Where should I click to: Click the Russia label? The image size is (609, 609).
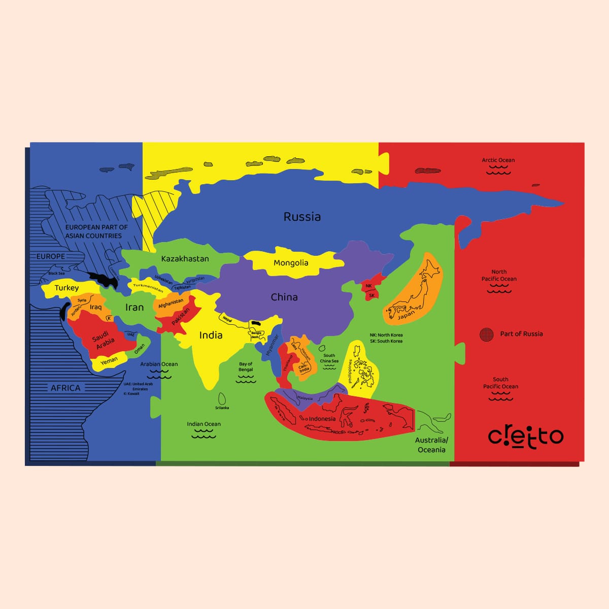pyautogui.click(x=302, y=217)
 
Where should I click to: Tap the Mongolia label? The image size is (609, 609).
pyautogui.click(x=291, y=263)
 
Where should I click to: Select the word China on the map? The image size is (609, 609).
pyautogui.click(x=284, y=297)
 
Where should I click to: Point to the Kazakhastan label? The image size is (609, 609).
pyautogui.click(x=185, y=259)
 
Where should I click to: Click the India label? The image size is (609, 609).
pyautogui.click(x=211, y=335)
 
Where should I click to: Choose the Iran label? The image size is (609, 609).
pyautogui.click(x=134, y=307)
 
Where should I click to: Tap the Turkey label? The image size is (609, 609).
pyautogui.click(x=66, y=288)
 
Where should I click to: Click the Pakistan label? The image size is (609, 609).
pyautogui.click(x=180, y=316)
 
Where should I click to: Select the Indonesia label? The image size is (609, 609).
pyautogui.click(x=322, y=419)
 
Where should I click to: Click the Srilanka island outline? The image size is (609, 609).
pyautogui.click(x=222, y=398)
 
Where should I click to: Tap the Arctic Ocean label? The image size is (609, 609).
pyautogui.click(x=498, y=160)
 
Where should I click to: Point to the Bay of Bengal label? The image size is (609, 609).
pyautogui.click(x=246, y=366)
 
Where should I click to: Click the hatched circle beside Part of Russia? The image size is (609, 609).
pyautogui.click(x=486, y=334)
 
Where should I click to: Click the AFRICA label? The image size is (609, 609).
pyautogui.click(x=65, y=388)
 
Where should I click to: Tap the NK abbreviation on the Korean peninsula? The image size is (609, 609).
pyautogui.click(x=369, y=286)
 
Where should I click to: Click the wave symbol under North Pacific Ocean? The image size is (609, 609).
pyautogui.click(x=499, y=289)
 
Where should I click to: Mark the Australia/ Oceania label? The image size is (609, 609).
pyautogui.click(x=431, y=445)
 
